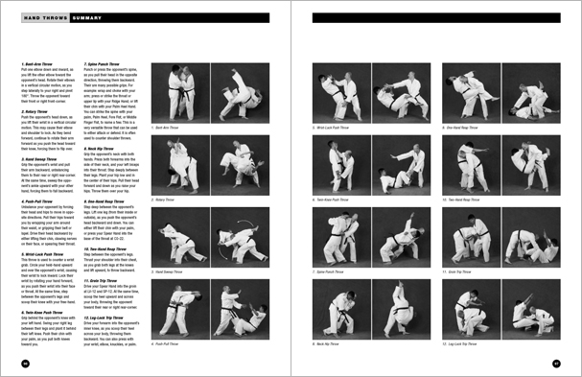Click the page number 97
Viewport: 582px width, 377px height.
[x=557, y=363]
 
